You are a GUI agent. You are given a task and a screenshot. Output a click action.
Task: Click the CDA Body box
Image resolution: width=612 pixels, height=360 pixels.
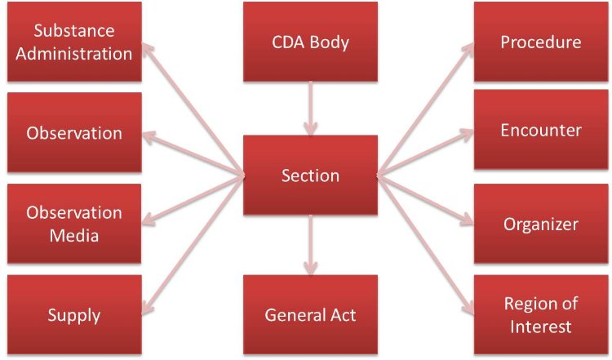310,42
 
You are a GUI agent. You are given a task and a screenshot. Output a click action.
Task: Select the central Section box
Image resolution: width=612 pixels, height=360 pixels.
310,176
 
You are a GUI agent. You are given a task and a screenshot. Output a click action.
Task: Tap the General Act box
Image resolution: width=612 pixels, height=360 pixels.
310,314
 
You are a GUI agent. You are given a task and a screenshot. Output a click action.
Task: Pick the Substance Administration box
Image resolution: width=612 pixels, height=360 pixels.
73,42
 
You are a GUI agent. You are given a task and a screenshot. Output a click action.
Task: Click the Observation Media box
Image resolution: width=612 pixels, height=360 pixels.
73,224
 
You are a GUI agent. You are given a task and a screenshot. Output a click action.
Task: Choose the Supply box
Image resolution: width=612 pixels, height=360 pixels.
73,314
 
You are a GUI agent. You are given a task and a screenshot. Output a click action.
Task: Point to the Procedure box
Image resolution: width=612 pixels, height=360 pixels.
540,42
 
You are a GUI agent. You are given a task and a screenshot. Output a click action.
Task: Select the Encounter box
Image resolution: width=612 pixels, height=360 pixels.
540,131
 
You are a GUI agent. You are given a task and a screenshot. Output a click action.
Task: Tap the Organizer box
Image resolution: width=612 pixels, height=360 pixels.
540,224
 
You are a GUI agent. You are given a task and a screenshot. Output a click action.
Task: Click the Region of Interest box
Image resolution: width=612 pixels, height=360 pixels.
540,314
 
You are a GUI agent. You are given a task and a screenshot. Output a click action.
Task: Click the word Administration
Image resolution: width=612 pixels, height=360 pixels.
73,54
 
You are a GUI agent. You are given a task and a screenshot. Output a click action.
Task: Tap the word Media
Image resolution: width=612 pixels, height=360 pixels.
73,236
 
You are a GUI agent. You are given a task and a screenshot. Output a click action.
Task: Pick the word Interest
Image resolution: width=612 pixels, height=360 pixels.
540,327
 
